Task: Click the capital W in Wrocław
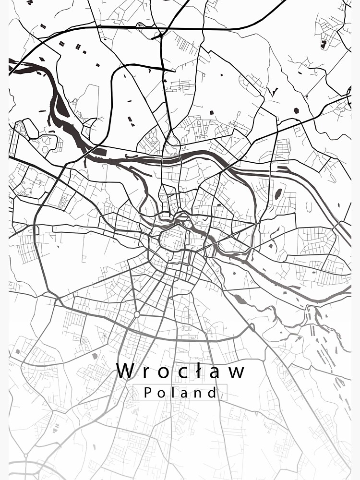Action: [x=125, y=371]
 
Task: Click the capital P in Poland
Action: [x=148, y=393]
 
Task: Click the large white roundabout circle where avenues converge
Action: [x=137, y=314]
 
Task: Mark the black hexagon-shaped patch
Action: [x=296, y=110]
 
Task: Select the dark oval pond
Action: [x=278, y=193]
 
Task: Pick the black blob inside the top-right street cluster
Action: [x=324, y=44]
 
